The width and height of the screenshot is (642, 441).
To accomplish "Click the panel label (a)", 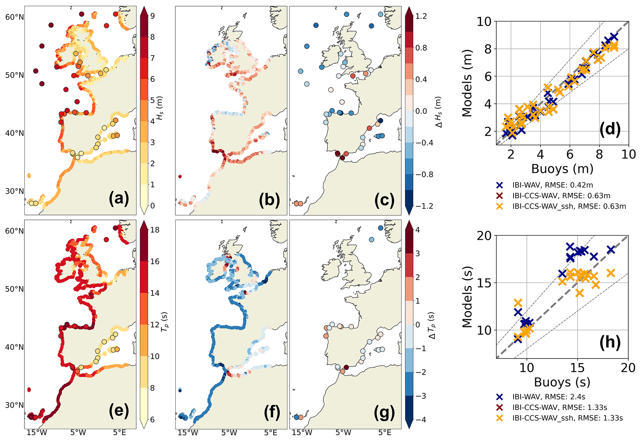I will tap(119, 199).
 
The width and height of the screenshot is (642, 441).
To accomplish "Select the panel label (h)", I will tap(610, 342).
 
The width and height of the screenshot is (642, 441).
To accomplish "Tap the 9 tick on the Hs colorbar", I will tap(153, 16).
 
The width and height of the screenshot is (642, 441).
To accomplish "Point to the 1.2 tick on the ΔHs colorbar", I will tap(421, 16).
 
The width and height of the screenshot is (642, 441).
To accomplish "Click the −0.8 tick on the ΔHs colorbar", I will tap(424, 175).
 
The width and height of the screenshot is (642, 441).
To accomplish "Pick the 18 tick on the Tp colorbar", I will tap(155, 230).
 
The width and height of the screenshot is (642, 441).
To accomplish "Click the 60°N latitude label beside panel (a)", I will tap(14, 17).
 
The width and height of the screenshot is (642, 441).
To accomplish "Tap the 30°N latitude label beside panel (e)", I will tap(14, 405).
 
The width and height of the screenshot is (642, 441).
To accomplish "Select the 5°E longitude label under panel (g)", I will tap(385, 433).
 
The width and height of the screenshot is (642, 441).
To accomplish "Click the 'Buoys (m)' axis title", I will tap(562, 169).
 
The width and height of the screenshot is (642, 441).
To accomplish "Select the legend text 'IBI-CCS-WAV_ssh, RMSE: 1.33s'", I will tap(567, 418).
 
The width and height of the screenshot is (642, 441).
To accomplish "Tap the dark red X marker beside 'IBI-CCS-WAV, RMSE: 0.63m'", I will tap(499, 196).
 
